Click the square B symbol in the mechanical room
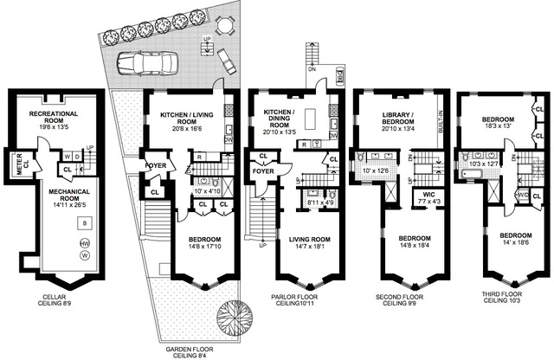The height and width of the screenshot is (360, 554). click(83, 223)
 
